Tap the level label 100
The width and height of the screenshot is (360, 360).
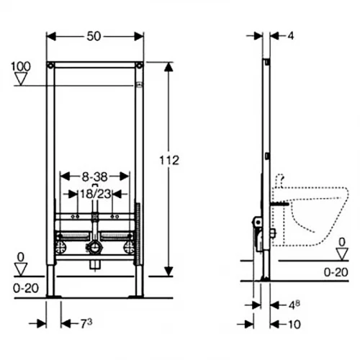pyautogui.click(x=21, y=67)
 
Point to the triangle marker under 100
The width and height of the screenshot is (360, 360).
pyautogui.click(x=21, y=78)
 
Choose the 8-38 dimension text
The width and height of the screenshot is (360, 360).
pyautogui.click(x=94, y=174)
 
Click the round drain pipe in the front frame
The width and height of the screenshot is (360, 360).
pyautogui.click(x=94, y=248)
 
